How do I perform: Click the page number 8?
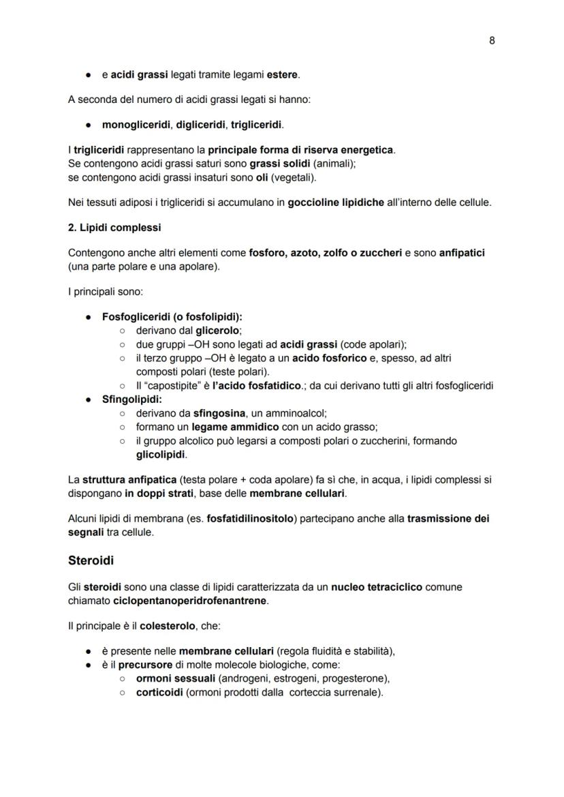(492, 40)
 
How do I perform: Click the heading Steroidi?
(91, 561)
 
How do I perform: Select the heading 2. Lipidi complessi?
(114, 227)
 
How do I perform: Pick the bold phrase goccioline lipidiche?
(336, 202)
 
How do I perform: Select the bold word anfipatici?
(462, 252)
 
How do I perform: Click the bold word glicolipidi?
(161, 454)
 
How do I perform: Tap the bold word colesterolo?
(168, 626)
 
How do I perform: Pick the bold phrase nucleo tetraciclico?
(376, 586)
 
